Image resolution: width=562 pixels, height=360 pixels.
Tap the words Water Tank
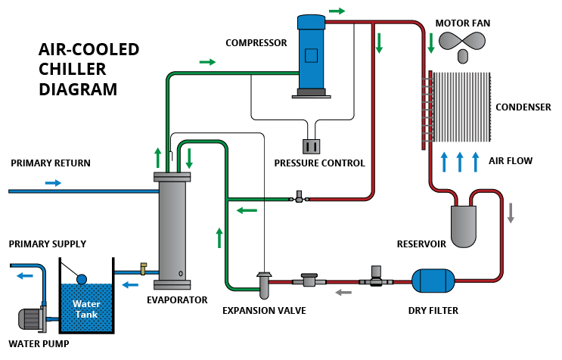[86, 309]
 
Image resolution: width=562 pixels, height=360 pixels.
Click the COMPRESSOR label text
[256, 42]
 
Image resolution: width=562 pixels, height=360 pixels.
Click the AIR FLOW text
[511, 160]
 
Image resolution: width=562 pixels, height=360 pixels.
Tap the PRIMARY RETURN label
[51, 163]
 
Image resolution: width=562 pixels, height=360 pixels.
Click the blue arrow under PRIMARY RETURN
[53, 182]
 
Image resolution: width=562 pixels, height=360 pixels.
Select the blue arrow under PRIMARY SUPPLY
[26, 276]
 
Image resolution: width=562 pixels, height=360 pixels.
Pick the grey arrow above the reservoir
[511, 213]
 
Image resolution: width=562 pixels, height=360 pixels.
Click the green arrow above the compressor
[337, 11]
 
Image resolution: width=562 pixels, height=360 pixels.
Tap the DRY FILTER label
[433, 310]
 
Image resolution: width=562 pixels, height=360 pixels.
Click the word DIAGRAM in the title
[78, 89]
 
